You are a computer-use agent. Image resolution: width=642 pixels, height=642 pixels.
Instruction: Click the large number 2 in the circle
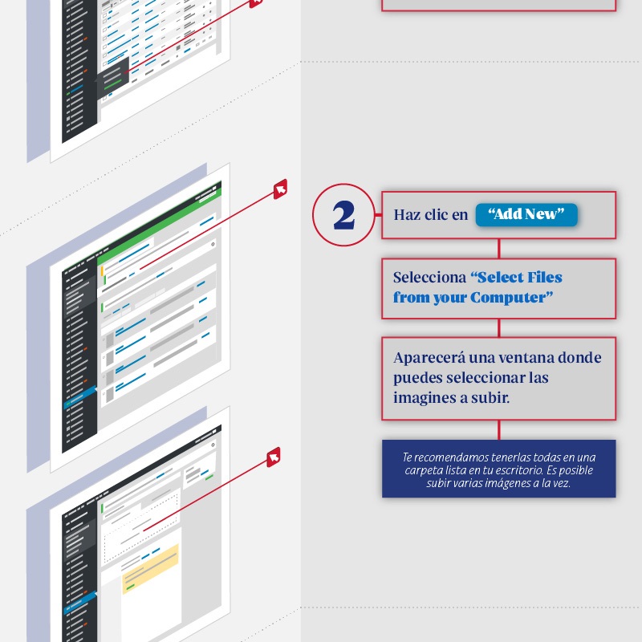[343, 215]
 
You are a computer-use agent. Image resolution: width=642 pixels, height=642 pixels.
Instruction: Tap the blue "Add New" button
[526, 214]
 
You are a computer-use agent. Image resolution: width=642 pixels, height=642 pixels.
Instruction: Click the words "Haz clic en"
[430, 214]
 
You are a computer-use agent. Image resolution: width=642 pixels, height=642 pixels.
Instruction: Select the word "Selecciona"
[429, 277]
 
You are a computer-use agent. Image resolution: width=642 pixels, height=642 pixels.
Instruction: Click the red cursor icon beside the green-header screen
[280, 189]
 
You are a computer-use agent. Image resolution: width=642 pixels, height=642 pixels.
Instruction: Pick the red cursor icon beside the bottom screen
[274, 457]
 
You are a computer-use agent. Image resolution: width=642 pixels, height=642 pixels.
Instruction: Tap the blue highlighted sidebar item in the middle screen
[79, 396]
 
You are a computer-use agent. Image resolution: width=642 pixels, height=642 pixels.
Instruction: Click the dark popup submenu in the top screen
[112, 78]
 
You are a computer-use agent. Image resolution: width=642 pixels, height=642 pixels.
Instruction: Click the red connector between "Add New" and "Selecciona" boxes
[498, 249]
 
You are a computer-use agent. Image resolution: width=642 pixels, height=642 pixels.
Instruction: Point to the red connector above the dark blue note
[498, 430]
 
